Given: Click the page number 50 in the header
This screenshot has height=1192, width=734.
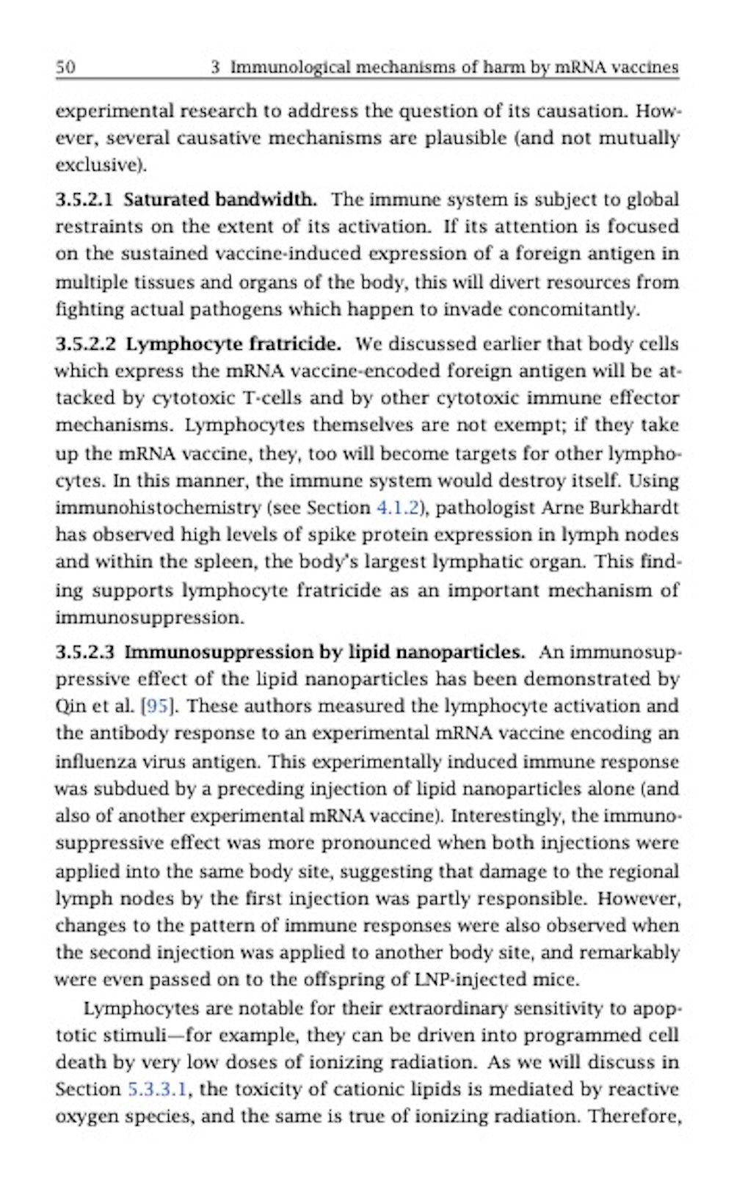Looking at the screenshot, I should (x=65, y=67).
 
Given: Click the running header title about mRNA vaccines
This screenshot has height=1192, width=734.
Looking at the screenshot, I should (x=444, y=67).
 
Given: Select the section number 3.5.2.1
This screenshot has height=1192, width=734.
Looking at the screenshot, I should (x=85, y=200).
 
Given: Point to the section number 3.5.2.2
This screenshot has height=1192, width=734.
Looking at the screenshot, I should (x=85, y=344).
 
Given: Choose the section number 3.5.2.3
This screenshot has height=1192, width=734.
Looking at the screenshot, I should (x=85, y=652).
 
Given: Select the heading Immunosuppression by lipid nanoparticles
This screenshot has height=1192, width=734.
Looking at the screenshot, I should (x=324, y=652).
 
